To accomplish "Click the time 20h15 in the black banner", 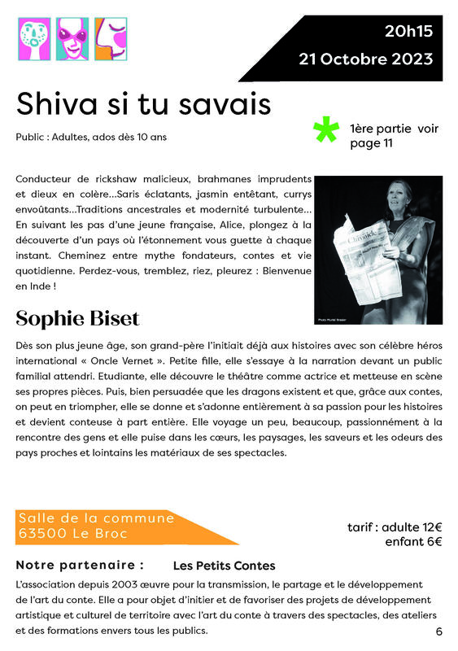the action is click(408, 32).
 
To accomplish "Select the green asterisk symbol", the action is click(325, 130).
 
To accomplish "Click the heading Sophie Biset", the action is click(78, 317).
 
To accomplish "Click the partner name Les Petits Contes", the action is click(225, 566).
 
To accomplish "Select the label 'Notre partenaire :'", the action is click(80, 565).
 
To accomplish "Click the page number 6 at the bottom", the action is click(439, 631).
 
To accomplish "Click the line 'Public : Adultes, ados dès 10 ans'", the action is click(91, 137).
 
